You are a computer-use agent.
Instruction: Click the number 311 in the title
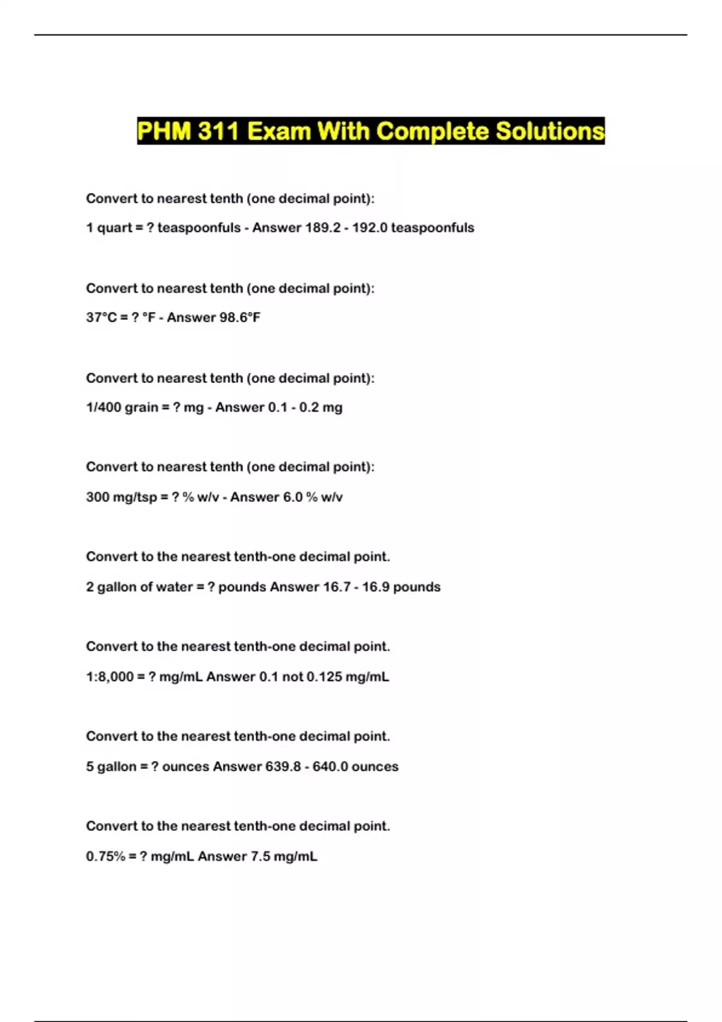219,131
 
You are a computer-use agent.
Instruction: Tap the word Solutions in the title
550,131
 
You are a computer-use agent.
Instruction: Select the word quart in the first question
114,228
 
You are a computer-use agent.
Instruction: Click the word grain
141,408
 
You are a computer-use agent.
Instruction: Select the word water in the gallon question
174,587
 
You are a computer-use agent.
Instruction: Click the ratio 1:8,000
110,677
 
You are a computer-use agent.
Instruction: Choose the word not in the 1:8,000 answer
292,677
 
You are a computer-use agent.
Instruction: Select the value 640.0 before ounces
330,766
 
